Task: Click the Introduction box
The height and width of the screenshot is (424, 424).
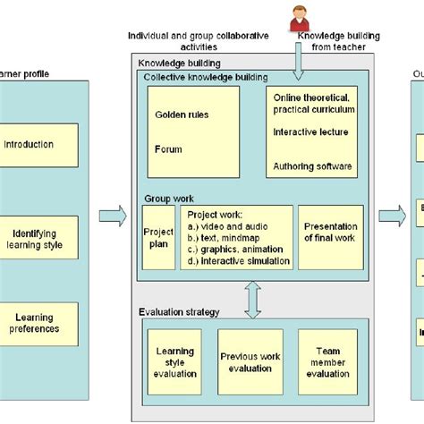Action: point(29,145)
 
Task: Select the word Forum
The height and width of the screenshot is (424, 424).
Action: point(168,150)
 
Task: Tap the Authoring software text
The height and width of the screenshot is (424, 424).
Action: point(312,165)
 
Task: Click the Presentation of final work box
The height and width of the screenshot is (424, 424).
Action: point(331,233)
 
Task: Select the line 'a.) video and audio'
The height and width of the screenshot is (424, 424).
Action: point(227,226)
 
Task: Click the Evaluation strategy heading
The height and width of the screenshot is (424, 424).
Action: point(180,311)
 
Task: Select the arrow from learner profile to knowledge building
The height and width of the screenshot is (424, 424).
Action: point(113,216)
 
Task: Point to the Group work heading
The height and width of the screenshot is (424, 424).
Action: point(169,199)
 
